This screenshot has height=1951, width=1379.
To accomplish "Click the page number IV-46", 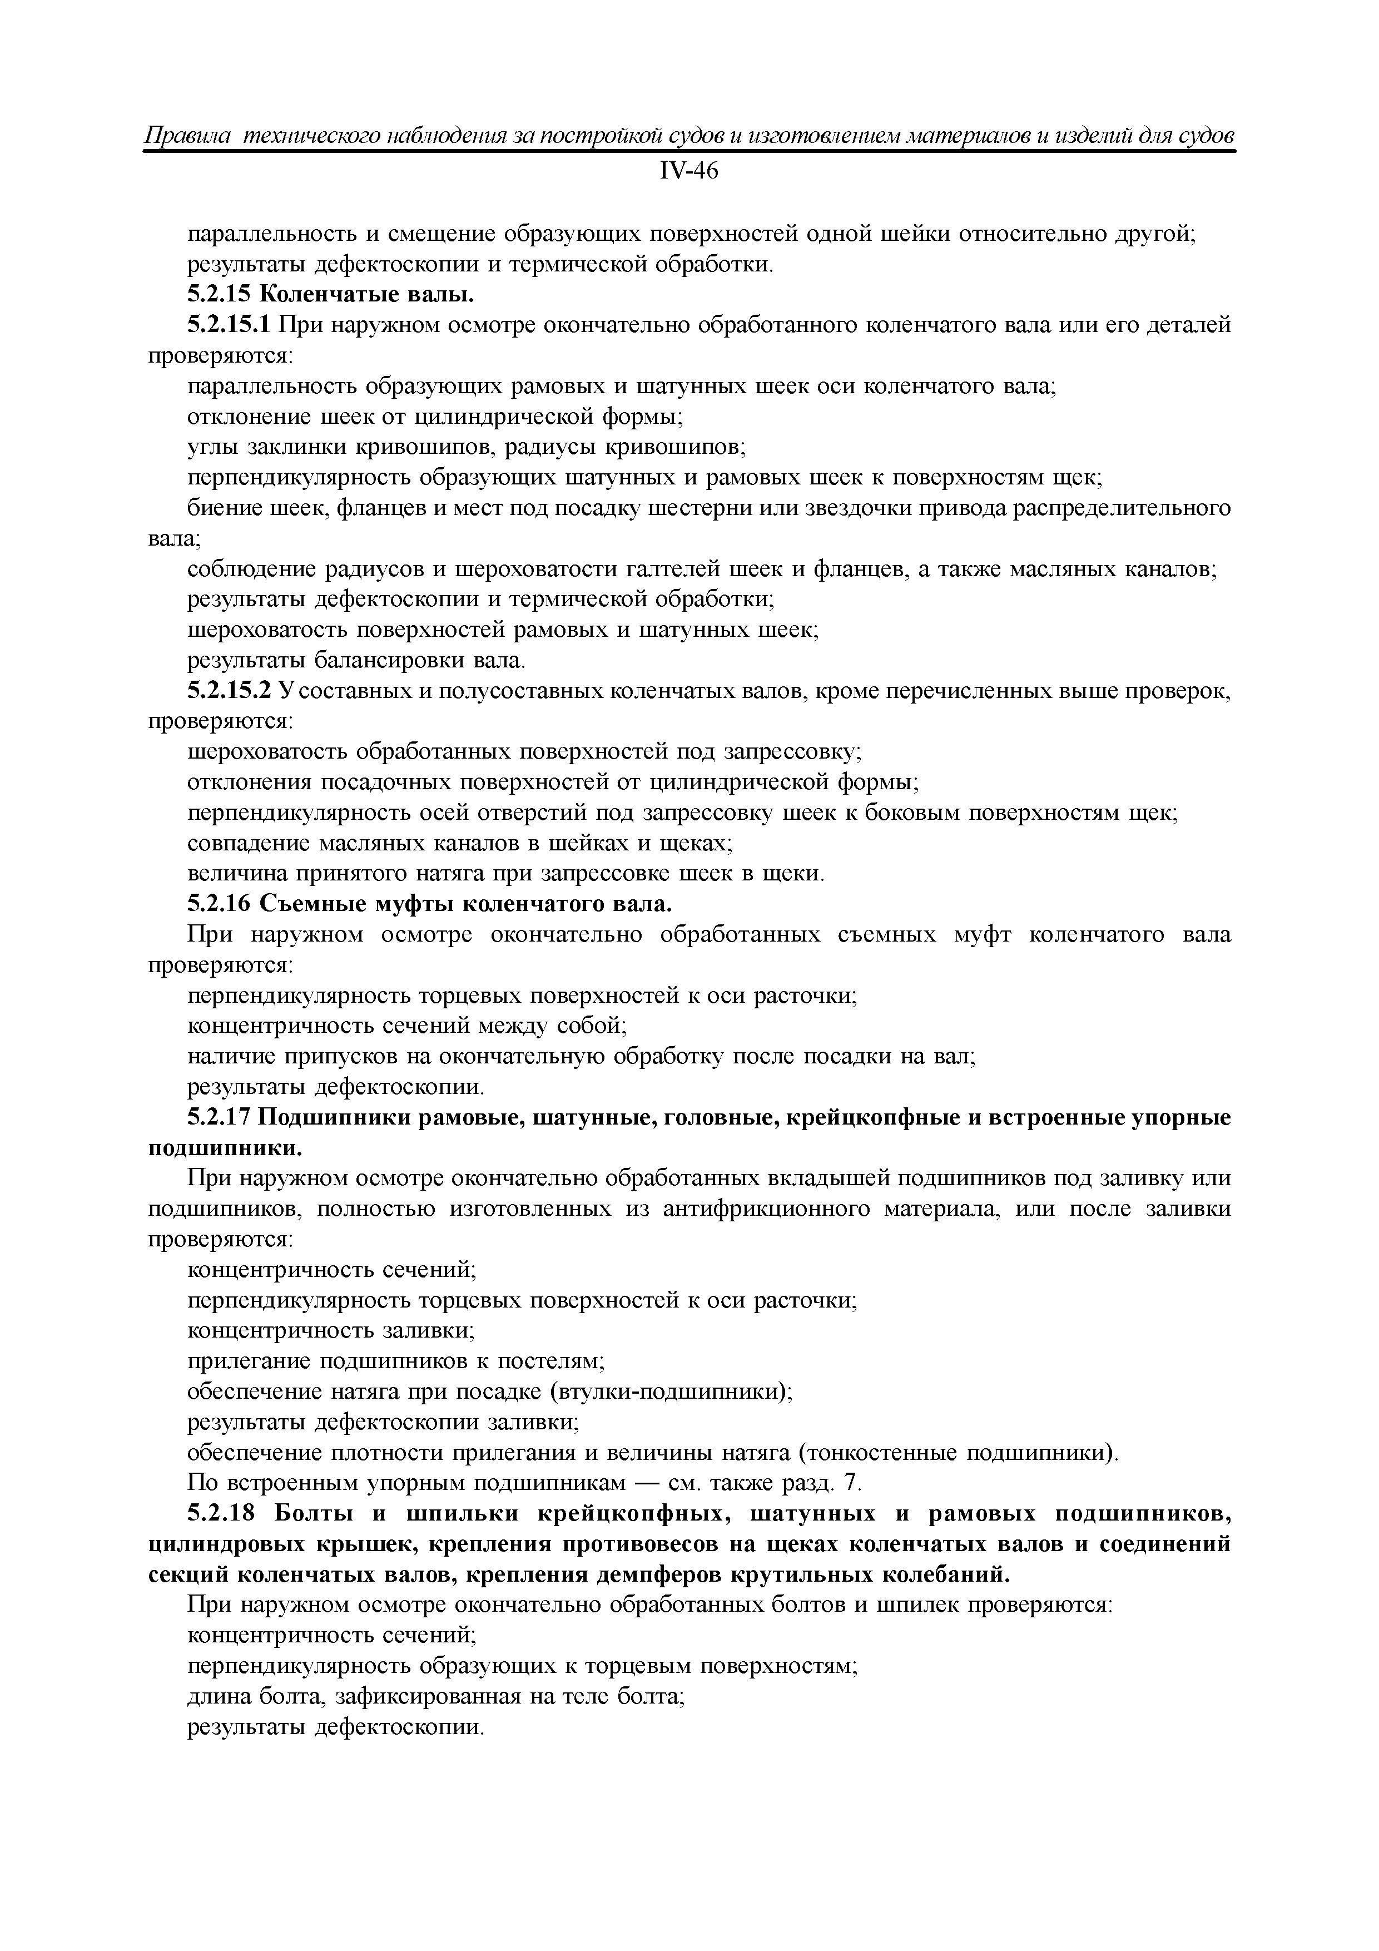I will click(688, 172).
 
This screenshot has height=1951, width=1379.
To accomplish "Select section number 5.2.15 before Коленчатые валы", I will click(219, 296).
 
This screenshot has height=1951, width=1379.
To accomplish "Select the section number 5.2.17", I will click(219, 1118).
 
